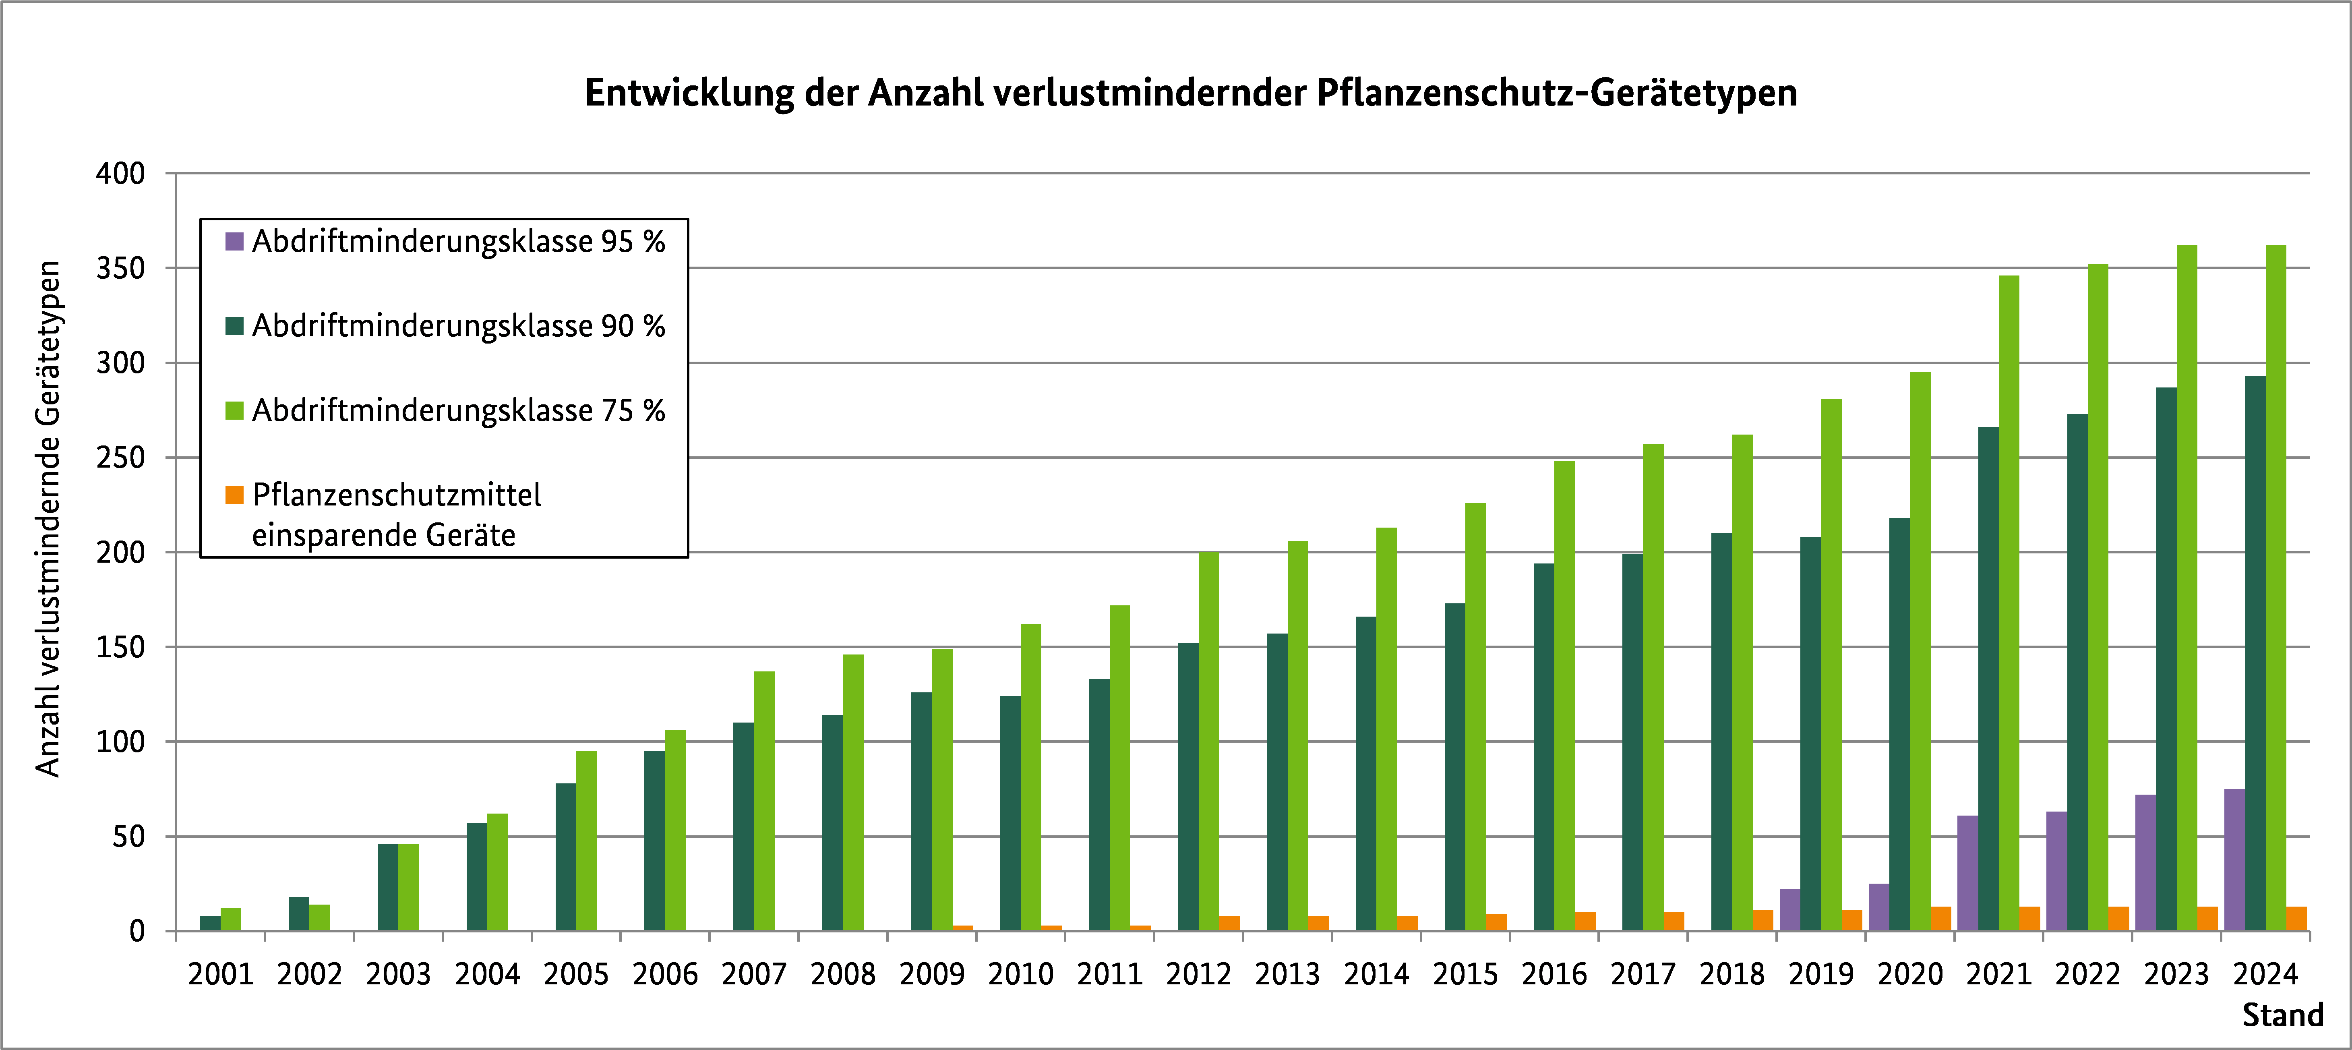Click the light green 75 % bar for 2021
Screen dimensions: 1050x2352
point(2009,603)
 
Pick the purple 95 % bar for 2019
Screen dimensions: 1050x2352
point(1789,910)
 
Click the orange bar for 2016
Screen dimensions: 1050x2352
point(1585,921)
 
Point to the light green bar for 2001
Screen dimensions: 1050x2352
point(231,920)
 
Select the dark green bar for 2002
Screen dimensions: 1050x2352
point(298,914)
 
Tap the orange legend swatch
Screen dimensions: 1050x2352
point(235,495)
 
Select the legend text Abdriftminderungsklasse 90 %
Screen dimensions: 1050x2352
point(458,326)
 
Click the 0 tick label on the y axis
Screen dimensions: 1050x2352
point(137,931)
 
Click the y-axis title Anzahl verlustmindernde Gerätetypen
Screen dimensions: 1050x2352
point(48,519)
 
